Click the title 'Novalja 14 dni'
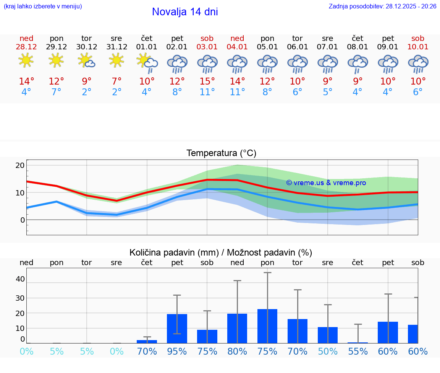185,12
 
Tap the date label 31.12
116,47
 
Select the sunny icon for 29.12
56,60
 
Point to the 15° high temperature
207,81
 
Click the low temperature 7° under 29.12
56,92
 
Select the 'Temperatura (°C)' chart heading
221,153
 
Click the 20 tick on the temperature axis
20,165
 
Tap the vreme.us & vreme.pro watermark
326,183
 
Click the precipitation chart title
221,252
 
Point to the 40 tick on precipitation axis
20,279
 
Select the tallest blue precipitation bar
267,326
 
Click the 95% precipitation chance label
177,352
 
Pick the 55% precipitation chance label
358,352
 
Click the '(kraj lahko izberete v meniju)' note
43,7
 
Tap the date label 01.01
147,47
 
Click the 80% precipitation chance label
237,352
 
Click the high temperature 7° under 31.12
116,81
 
